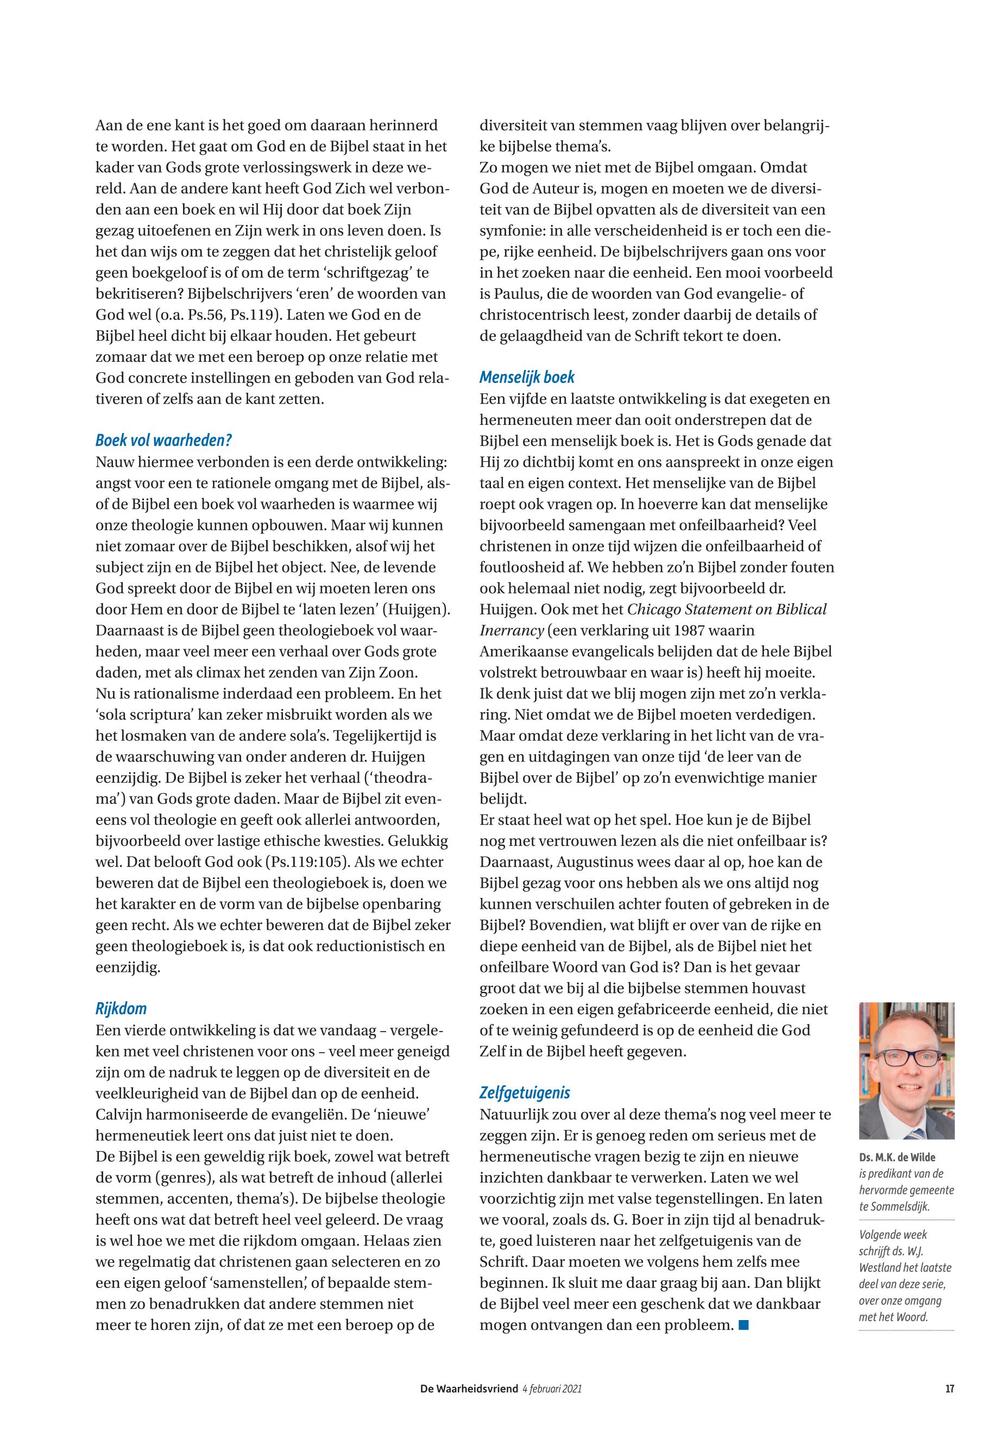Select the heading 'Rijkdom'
[x=121, y=1009]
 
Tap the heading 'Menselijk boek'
[x=527, y=378]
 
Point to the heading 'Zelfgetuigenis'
[x=525, y=1092]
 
